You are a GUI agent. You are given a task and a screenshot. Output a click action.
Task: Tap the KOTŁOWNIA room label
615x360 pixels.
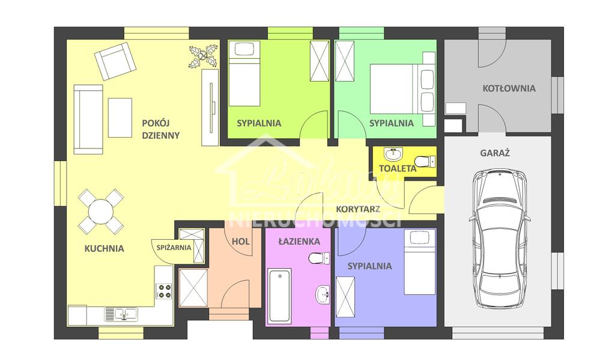[509, 88]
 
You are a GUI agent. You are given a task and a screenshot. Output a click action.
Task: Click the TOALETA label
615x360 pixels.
[397, 169]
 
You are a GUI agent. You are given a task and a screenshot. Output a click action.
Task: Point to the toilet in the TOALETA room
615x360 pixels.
[425, 160]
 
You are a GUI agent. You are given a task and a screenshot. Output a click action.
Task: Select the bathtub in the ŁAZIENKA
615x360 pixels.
[280, 296]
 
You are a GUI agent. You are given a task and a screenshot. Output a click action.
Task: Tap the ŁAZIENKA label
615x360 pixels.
[298, 242]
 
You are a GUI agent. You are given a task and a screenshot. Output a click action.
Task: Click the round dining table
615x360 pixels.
[100, 212]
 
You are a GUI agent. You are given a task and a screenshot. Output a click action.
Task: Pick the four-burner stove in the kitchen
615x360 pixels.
[163, 291]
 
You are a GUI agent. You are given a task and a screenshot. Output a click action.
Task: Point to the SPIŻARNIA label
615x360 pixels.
[174, 247]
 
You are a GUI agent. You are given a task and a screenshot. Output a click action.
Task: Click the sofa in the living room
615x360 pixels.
[88, 119]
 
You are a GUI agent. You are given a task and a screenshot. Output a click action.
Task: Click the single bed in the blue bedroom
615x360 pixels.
[419, 265]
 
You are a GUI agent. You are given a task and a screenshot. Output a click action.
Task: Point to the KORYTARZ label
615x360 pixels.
[357, 209]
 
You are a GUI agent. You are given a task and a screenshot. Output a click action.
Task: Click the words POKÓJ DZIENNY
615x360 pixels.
[160, 129]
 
